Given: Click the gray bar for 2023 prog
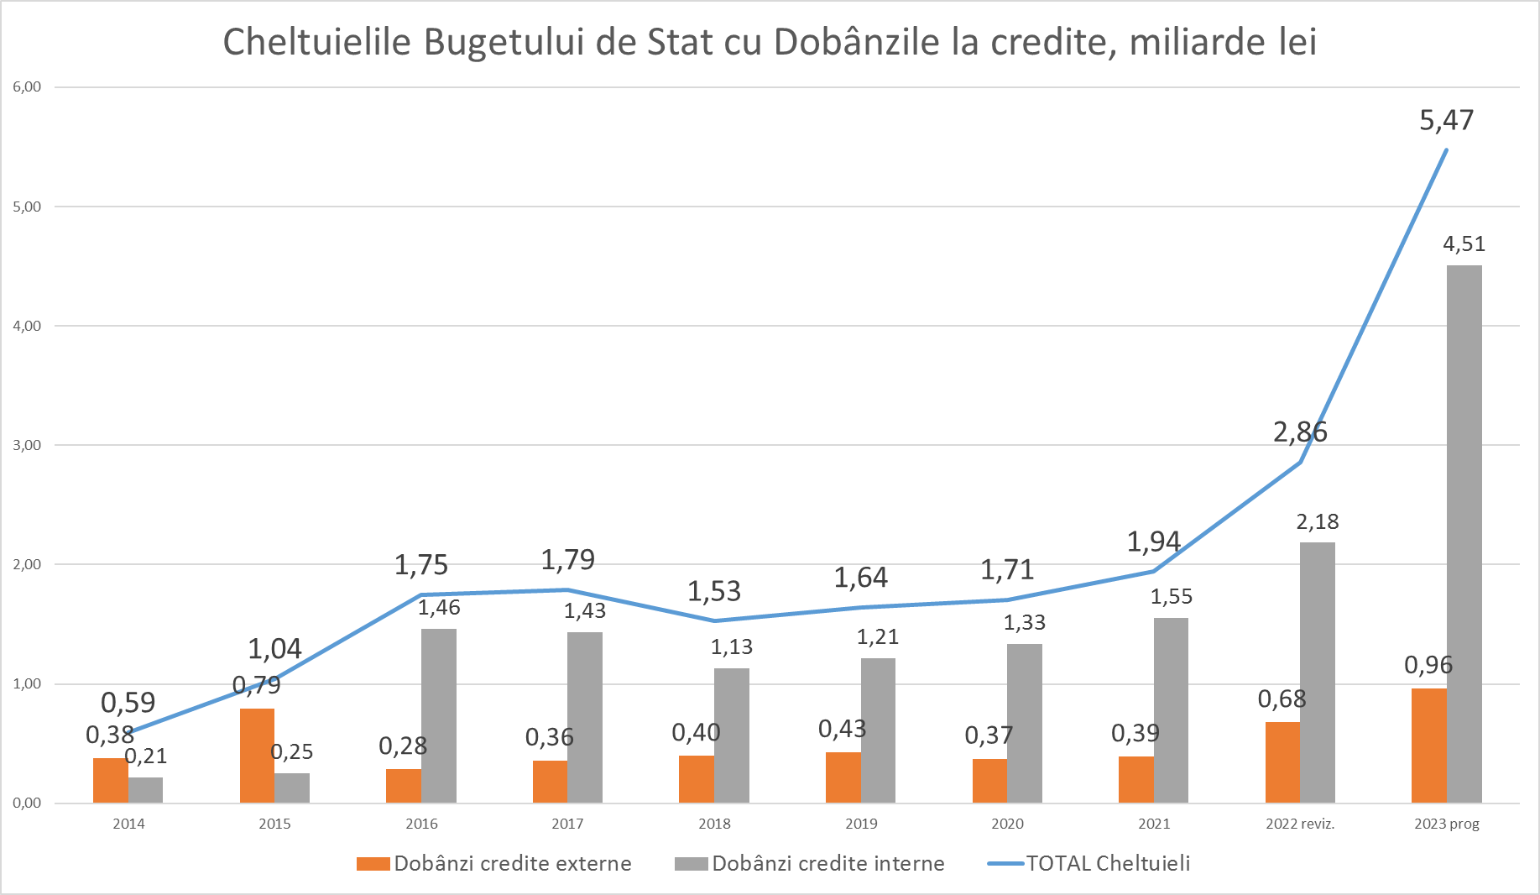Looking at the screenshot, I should click(x=1464, y=534).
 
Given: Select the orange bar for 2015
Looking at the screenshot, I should click(x=257, y=756).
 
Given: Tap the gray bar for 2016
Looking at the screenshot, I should click(x=439, y=715).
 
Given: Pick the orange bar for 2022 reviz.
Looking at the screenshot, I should click(x=1282, y=762).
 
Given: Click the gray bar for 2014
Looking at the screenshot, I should click(x=146, y=790).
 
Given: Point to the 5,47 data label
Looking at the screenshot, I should click(x=1446, y=120).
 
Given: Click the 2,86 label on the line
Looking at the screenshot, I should click(x=1300, y=432).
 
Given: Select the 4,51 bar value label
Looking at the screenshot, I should click(x=1464, y=244).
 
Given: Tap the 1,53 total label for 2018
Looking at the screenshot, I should click(x=714, y=591).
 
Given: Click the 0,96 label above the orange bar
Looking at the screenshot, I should click(x=1428, y=665).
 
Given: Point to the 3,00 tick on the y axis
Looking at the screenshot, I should click(x=27, y=445).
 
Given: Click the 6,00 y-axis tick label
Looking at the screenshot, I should click(x=27, y=86).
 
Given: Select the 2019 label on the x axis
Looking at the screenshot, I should click(x=861, y=824).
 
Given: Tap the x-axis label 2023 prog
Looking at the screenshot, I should click(x=1446, y=824).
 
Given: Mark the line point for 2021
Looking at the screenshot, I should click(x=1154, y=572).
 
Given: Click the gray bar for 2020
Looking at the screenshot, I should click(x=1025, y=723).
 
